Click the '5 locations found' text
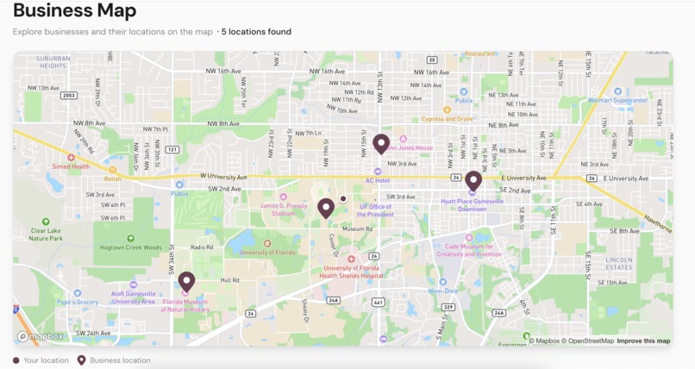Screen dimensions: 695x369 click(x=256, y=32)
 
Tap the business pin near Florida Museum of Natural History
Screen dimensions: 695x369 click(x=186, y=281)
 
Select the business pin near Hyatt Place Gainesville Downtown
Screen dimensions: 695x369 click(x=473, y=180)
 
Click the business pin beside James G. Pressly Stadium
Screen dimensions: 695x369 click(x=325, y=208)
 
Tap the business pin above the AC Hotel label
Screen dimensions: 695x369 click(x=381, y=143)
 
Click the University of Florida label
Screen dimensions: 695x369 click(x=268, y=253)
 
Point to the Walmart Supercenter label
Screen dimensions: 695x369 click(x=617, y=100)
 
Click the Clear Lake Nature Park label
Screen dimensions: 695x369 click(x=47, y=235)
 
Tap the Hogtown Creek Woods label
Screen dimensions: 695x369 click(x=130, y=247)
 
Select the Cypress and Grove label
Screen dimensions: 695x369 click(x=447, y=119)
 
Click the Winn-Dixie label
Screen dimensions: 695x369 click(x=443, y=291)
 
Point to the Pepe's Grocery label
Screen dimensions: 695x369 click(x=78, y=303)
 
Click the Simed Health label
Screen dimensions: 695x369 click(x=71, y=166)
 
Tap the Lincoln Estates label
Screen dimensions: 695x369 click(x=618, y=263)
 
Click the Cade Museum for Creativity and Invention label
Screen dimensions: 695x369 click(x=469, y=251)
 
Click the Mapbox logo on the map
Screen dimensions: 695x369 click(x=41, y=336)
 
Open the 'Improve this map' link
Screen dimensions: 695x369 click(x=643, y=341)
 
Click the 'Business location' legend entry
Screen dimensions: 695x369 click(x=119, y=360)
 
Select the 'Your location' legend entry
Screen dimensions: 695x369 click(x=45, y=360)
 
